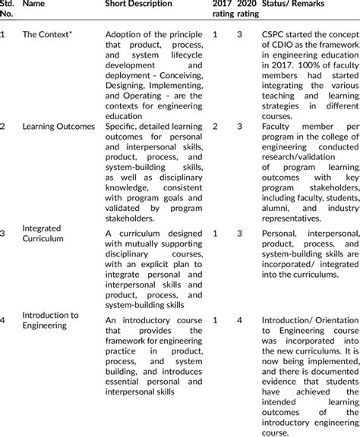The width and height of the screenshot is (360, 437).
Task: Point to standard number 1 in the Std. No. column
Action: tap(4, 35)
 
